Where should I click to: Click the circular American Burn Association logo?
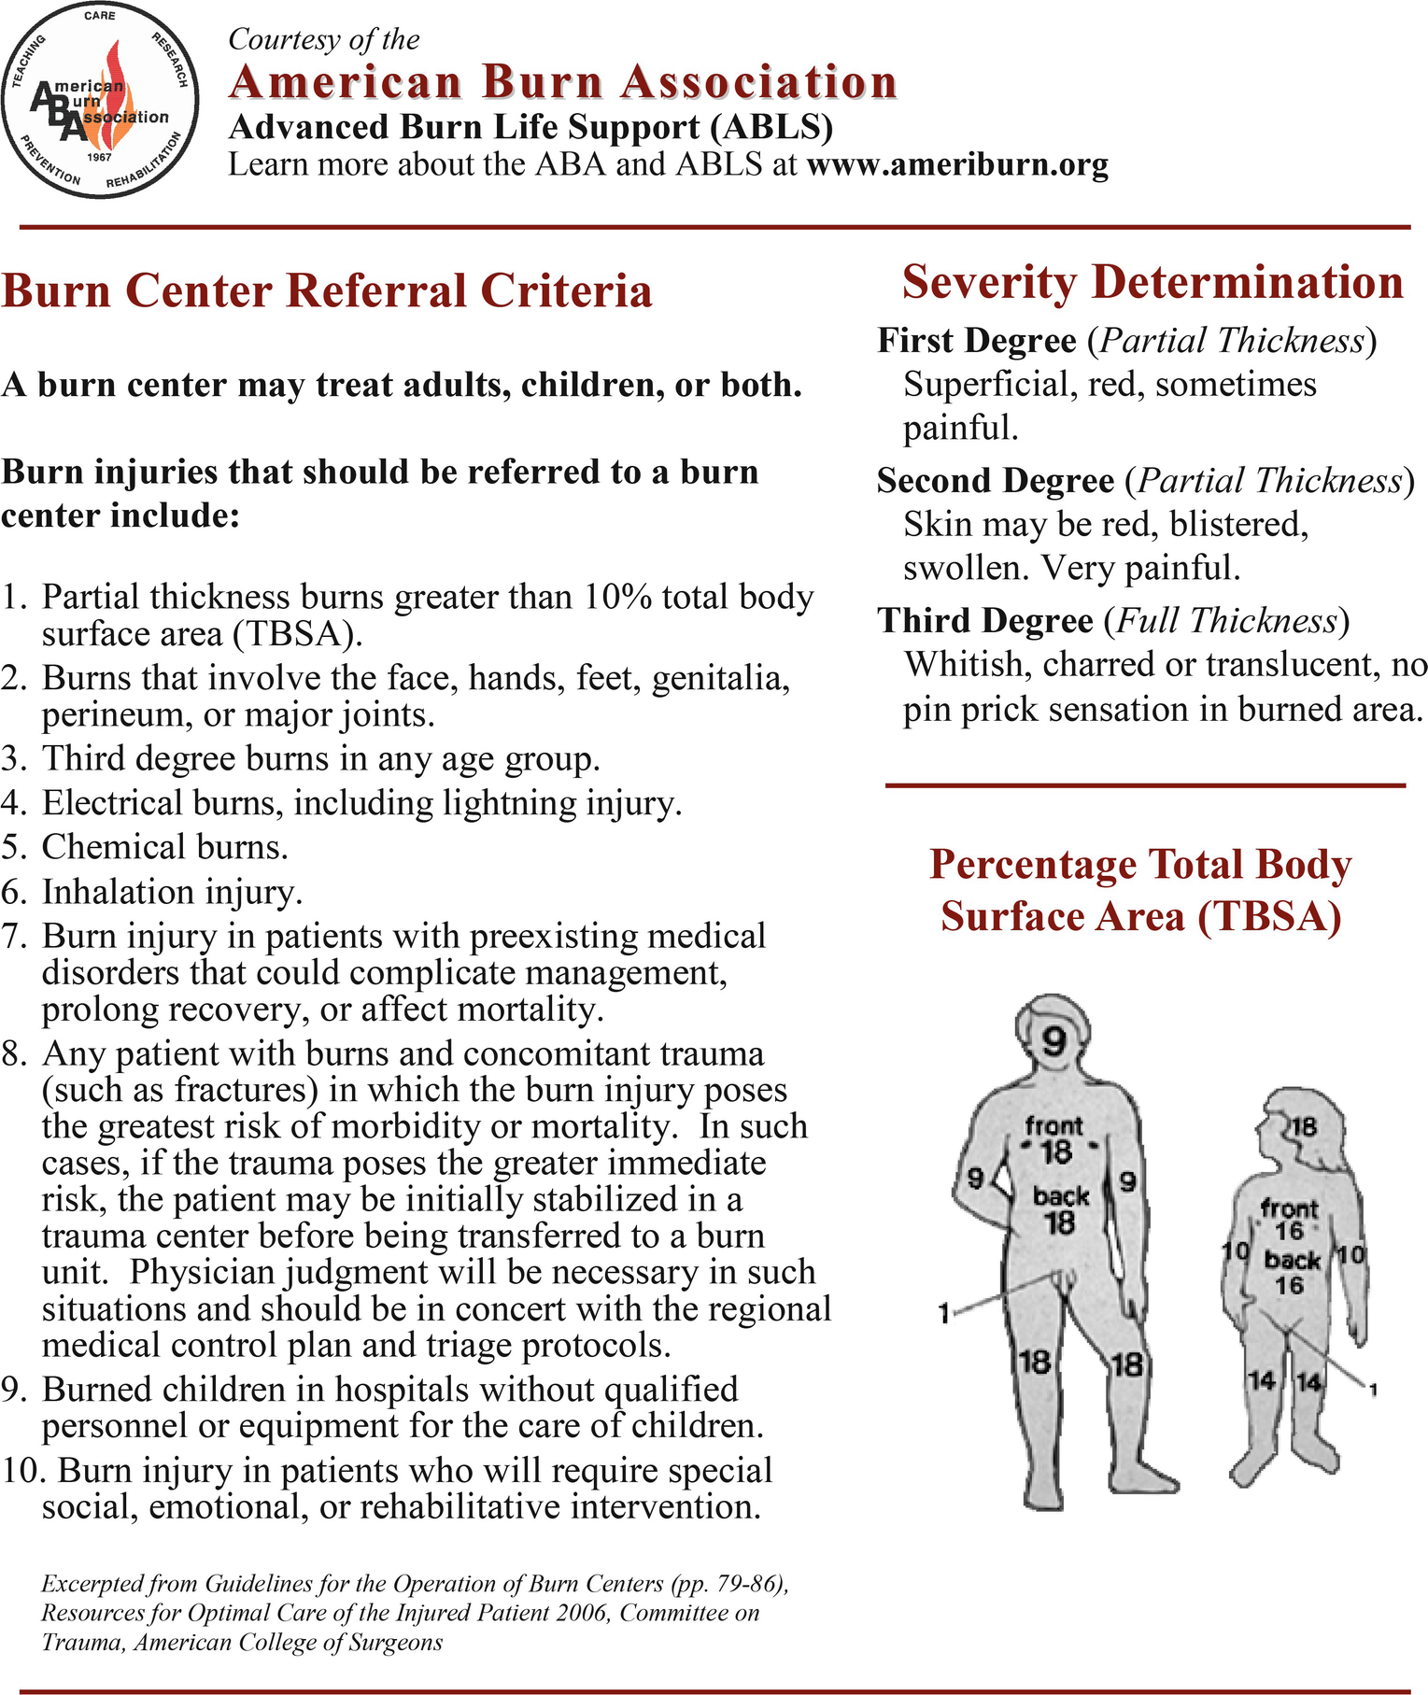pos(100,100)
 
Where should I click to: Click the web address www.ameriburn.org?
pos(957,165)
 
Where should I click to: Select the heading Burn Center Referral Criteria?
pos(327,290)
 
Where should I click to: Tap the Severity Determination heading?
pos(1152,282)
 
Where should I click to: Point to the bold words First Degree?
pos(977,341)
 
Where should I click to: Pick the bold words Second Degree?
pos(996,481)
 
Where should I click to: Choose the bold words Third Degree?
pos(985,621)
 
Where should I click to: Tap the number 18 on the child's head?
pos(1303,1126)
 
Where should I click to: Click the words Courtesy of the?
pos(324,39)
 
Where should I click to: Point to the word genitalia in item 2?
pos(721,678)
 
